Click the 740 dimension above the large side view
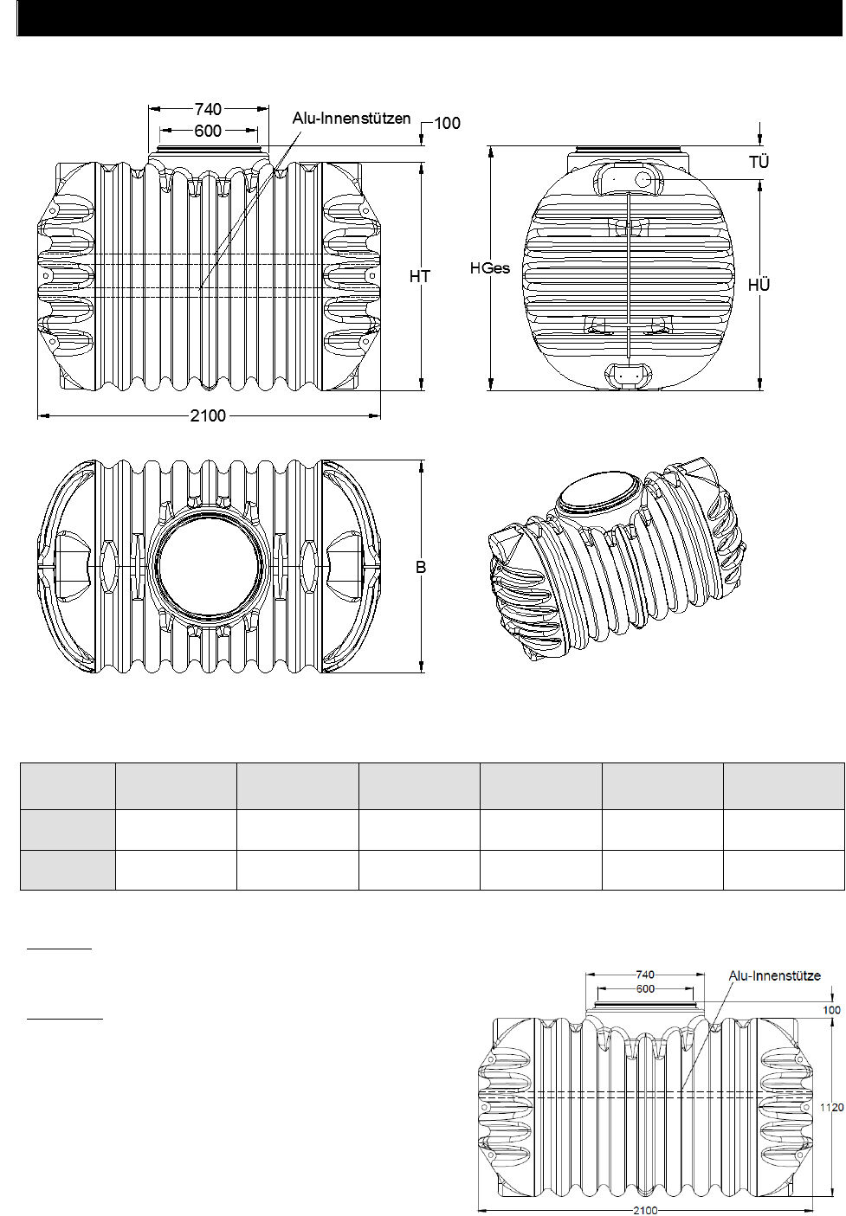pyautogui.click(x=208, y=109)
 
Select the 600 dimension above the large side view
pyautogui.click(x=208, y=131)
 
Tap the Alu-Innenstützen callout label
pyautogui.click(x=352, y=119)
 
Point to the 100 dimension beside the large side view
pyautogui.click(x=448, y=123)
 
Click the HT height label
pyautogui.click(x=420, y=276)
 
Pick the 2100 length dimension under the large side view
pyautogui.click(x=208, y=415)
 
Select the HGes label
pyautogui.click(x=490, y=268)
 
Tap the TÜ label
pyautogui.click(x=759, y=162)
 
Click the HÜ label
pyautogui.click(x=759, y=285)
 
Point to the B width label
pyautogui.click(x=421, y=567)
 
